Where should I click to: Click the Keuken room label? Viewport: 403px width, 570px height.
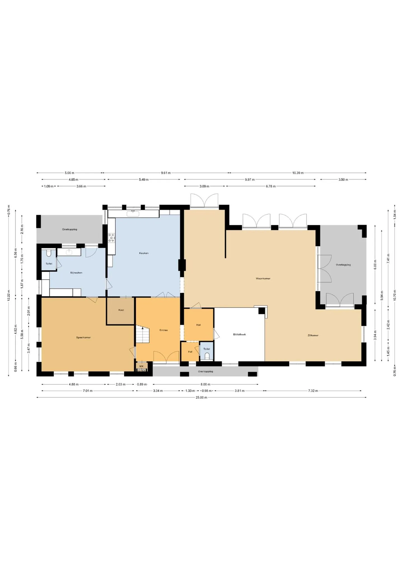(144, 253)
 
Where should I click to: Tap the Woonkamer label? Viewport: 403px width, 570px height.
(263, 278)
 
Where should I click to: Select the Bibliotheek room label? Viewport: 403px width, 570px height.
(240, 334)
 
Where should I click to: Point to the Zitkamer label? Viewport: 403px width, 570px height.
(313, 335)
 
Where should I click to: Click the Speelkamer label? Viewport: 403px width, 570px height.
(83, 338)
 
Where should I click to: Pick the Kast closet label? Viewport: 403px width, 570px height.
(121, 310)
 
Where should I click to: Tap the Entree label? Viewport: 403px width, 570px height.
(164, 330)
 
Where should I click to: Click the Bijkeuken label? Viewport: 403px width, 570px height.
(76, 273)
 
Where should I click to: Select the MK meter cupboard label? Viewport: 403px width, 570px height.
(141, 366)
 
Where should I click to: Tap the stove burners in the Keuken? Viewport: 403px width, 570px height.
(112, 238)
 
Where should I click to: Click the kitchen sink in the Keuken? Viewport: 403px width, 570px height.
(133, 214)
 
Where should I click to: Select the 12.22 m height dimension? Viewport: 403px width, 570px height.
(8, 295)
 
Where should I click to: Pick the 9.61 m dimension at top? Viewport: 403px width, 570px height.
(166, 173)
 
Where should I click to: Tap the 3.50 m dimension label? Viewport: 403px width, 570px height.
(343, 180)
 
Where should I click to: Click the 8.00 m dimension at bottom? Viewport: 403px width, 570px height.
(205, 384)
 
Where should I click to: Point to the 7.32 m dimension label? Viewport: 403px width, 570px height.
(313, 391)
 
